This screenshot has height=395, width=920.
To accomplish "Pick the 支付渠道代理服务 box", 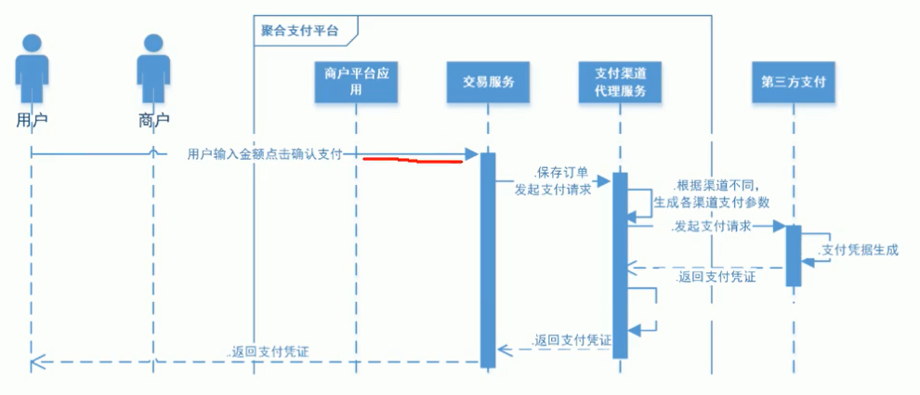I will pyautogui.click(x=620, y=82).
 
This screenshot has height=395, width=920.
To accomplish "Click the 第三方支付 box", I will pyautogui.click(x=793, y=82).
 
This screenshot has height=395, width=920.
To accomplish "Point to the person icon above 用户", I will pyautogui.click(x=33, y=70).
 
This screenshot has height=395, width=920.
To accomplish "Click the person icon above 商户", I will pyautogui.click(x=153, y=70).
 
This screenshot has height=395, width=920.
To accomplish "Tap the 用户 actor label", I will pyautogui.click(x=32, y=120).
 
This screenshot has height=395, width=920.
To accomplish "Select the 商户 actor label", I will pyautogui.click(x=153, y=120).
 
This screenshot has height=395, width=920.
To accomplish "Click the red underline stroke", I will pyautogui.click(x=413, y=161).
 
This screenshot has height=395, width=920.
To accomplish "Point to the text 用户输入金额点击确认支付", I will pyautogui.click(x=265, y=153).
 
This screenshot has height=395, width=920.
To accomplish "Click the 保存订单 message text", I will pyautogui.click(x=560, y=174).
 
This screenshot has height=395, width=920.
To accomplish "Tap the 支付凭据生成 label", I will pyautogui.click(x=860, y=250).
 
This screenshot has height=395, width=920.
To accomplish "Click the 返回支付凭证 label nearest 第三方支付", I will pyautogui.click(x=717, y=277).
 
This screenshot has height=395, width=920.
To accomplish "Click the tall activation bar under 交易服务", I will pyautogui.click(x=488, y=260).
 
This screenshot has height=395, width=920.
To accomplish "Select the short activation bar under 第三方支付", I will pyautogui.click(x=794, y=256).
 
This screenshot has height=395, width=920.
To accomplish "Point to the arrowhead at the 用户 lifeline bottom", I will pyautogui.click(x=36, y=362).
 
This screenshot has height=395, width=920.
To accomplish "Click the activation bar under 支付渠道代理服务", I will pyautogui.click(x=620, y=265).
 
